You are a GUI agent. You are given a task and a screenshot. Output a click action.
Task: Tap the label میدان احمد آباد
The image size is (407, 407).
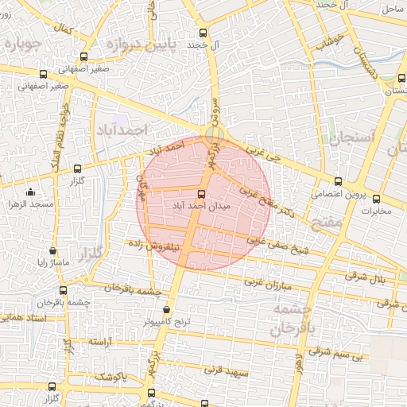(x=200, y=205)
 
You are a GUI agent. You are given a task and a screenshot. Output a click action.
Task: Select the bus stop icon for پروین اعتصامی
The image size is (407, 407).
(x=339, y=181)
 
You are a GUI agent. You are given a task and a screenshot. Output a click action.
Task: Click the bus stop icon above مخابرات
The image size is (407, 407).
(x=376, y=199)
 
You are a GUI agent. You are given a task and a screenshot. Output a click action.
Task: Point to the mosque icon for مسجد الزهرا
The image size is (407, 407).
(x=30, y=192)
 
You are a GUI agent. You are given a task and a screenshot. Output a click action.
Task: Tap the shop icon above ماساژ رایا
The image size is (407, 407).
(x=52, y=250)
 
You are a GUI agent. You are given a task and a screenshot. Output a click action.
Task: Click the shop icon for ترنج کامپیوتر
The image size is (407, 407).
(x=166, y=310)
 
